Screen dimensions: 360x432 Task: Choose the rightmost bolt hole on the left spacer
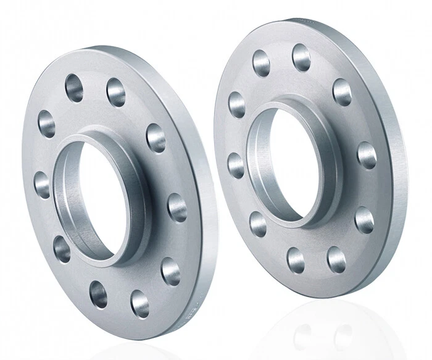[177, 207]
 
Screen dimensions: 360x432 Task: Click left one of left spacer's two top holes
[74, 87]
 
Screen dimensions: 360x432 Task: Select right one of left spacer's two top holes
[116, 92]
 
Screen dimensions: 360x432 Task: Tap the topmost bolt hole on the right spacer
[302, 57]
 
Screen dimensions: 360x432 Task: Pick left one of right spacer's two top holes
[261, 63]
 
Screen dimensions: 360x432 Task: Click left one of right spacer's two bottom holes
[296, 260]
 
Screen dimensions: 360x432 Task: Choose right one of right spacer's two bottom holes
[336, 259]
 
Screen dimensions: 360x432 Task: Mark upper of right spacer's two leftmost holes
[236, 104]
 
